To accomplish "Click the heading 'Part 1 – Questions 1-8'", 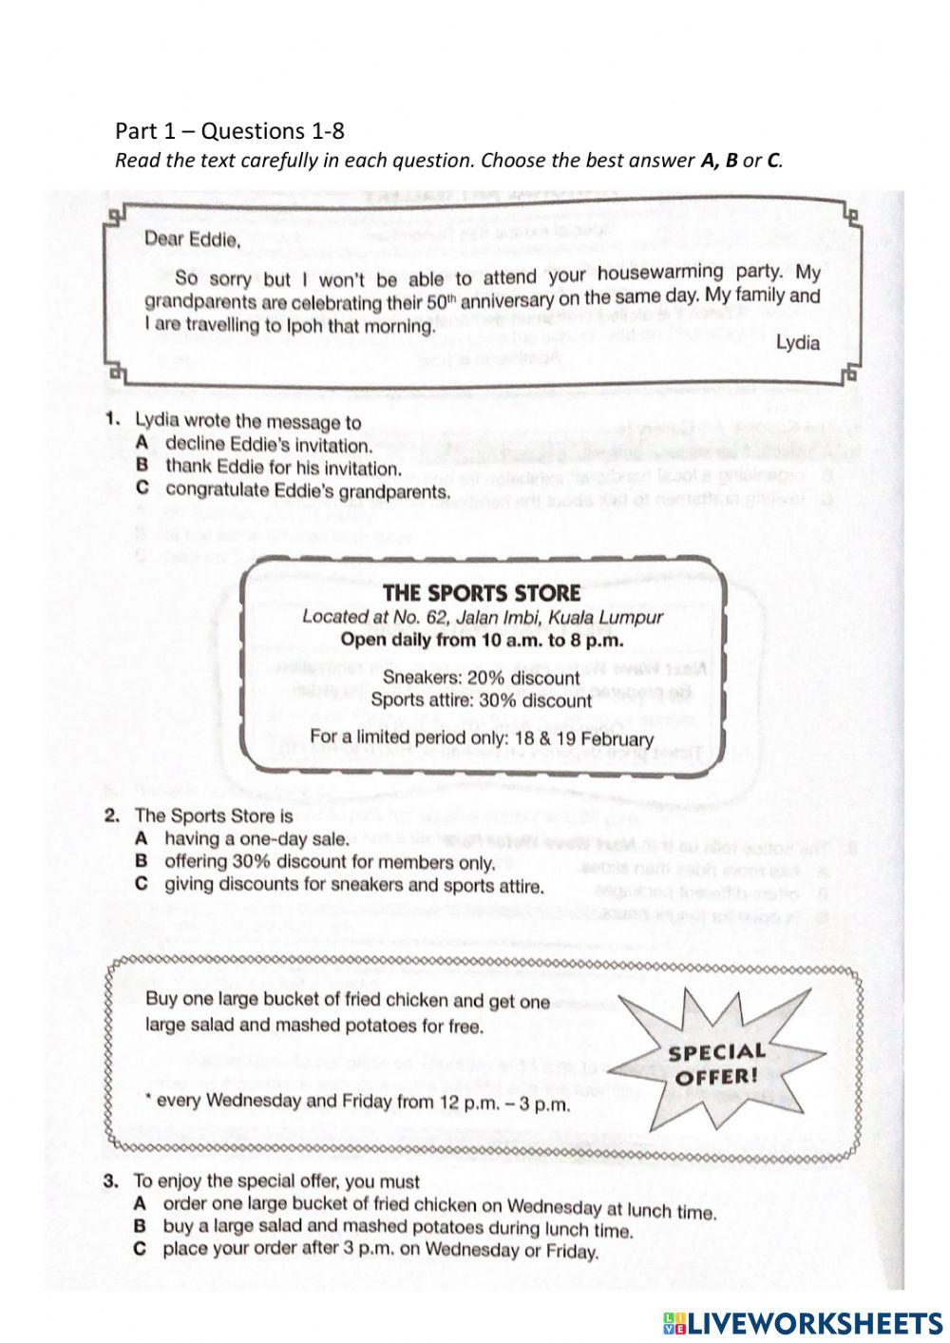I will (x=229, y=130).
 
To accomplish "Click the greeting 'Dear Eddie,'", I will (x=192, y=240).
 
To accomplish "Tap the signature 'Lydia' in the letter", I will (x=797, y=342).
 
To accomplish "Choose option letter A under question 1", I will (x=142, y=443).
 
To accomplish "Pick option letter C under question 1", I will (x=142, y=489).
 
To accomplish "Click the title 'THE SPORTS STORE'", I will (x=481, y=593).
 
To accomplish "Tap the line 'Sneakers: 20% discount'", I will (x=481, y=678).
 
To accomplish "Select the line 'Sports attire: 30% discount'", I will (x=481, y=700).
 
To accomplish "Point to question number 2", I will (x=112, y=815).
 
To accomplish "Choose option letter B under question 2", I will (x=142, y=861).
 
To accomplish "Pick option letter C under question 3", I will (x=140, y=1249).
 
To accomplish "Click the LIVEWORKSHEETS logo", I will (x=802, y=1322).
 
